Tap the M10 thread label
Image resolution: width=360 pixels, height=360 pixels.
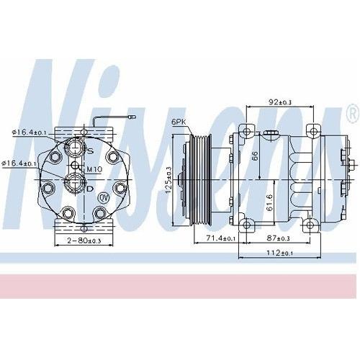point(94,170)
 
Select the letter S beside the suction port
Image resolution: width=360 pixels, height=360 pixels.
point(90,150)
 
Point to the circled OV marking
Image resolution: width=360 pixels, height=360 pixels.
point(103,197)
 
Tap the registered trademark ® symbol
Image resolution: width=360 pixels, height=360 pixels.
point(352,114)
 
